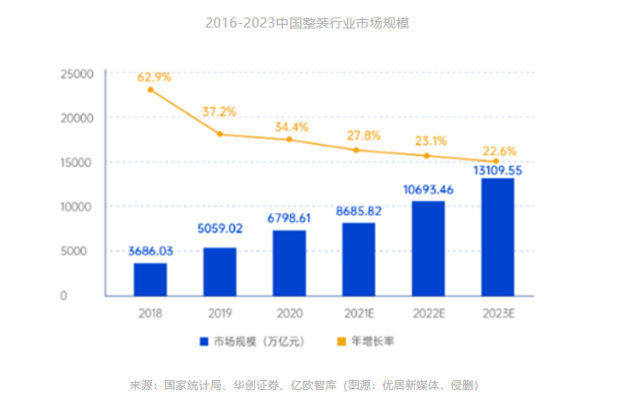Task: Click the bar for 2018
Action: click(x=150, y=279)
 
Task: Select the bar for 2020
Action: click(x=289, y=262)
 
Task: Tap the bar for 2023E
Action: click(x=497, y=237)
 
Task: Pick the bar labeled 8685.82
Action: click(x=358, y=259)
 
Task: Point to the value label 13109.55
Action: click(x=497, y=170)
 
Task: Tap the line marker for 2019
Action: click(x=220, y=134)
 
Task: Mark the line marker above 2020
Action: click(x=289, y=140)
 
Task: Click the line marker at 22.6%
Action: click(x=496, y=162)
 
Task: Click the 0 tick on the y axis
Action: click(x=89, y=296)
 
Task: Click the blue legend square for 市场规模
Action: click(x=204, y=341)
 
